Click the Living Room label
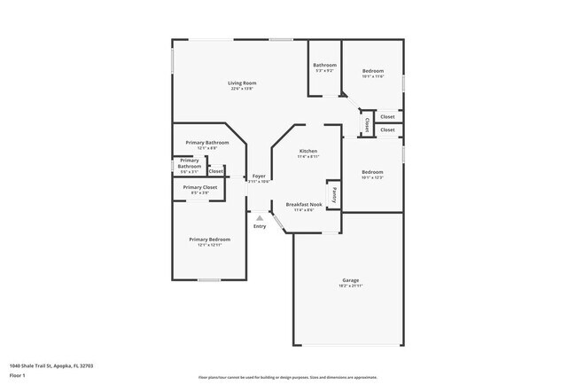242,83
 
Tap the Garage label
350,280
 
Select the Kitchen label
307,151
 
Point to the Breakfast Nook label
303,204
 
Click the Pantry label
333,192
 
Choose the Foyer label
259,176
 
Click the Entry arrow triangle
259,217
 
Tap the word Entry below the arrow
260,226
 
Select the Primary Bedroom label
209,239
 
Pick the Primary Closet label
200,187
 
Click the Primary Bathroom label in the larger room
207,143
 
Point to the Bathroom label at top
324,66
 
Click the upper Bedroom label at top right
372,71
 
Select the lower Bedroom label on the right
372,172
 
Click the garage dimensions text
350,286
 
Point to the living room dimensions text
242,89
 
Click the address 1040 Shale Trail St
51,365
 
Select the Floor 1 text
18,374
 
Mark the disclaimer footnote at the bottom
287,377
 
